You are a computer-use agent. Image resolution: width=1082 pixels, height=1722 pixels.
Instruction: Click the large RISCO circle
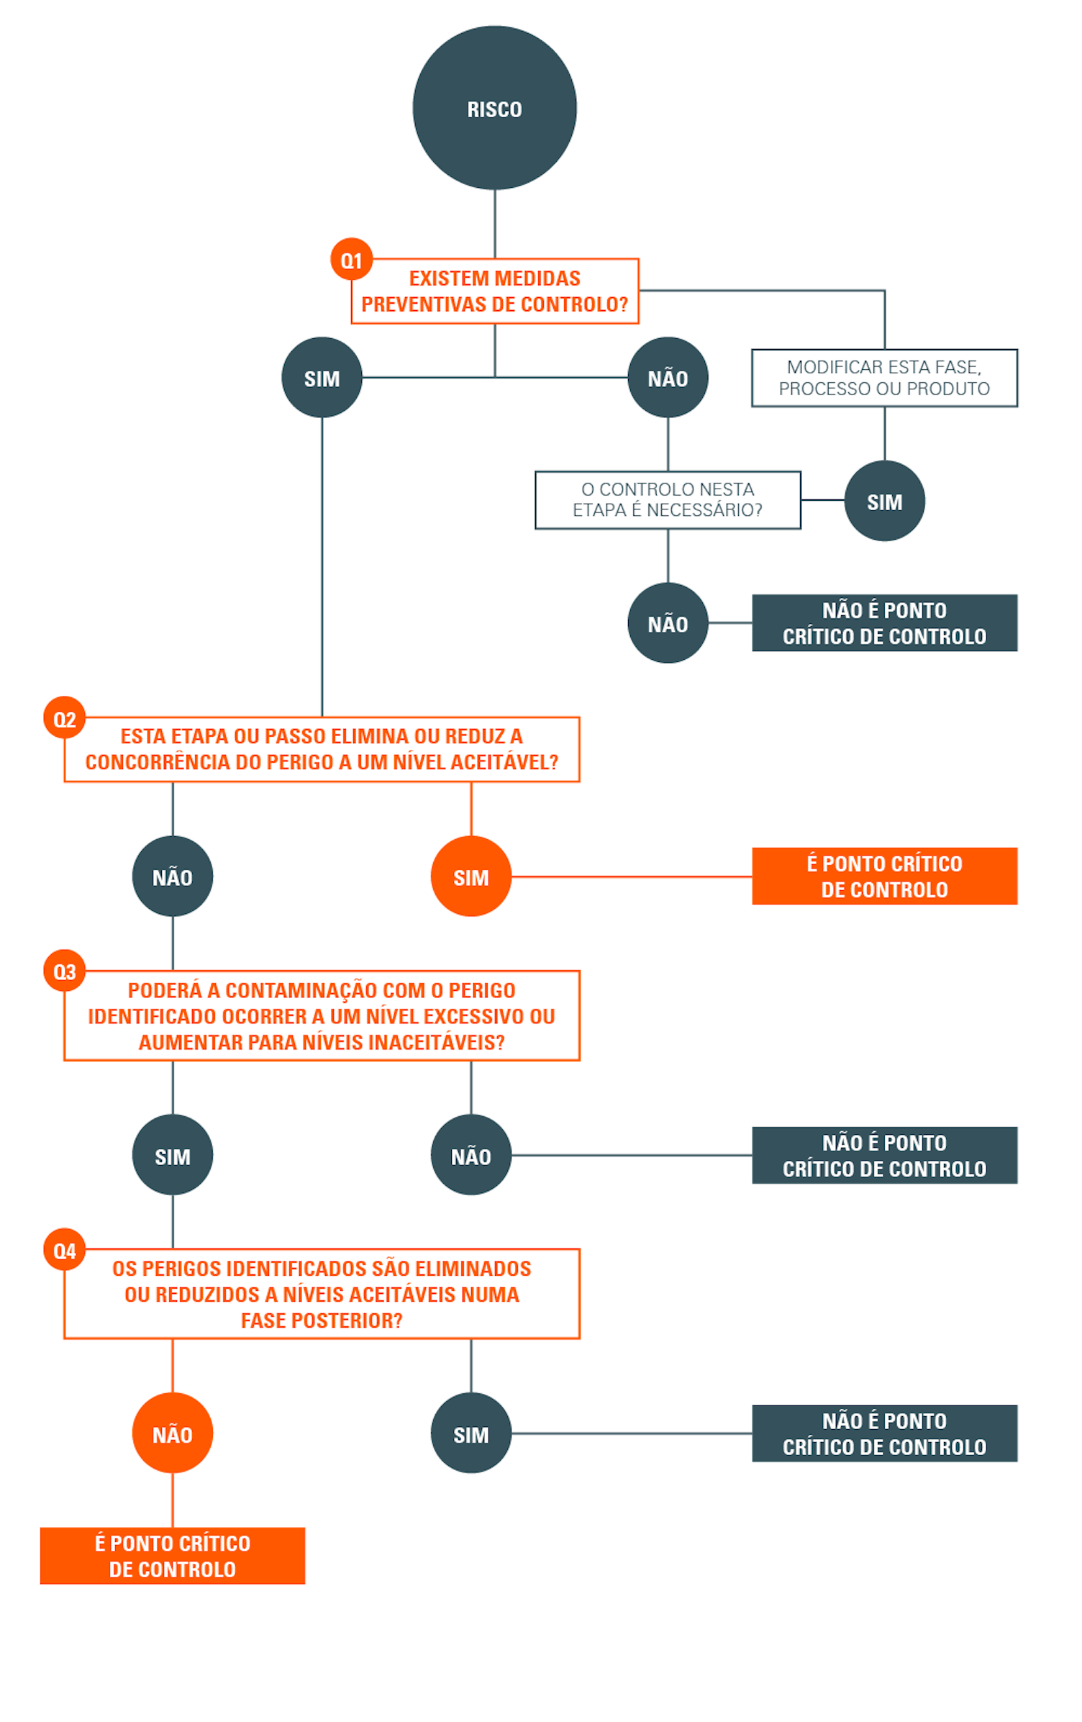pyautogui.click(x=494, y=108)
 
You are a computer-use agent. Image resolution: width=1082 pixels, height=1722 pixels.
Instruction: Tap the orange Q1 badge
pyautogui.click(x=351, y=260)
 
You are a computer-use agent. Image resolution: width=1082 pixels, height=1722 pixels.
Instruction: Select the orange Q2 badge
pyautogui.click(x=65, y=718)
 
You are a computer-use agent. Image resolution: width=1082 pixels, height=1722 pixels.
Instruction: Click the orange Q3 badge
pyautogui.click(x=65, y=971)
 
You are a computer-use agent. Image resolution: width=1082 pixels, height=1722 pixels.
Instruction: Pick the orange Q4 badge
pyautogui.click(x=65, y=1250)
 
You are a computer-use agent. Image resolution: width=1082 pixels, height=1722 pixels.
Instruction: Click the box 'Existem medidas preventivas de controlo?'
pyautogui.click(x=494, y=291)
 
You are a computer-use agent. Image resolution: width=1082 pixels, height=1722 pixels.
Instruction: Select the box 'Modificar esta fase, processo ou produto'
pyautogui.click(x=883, y=378)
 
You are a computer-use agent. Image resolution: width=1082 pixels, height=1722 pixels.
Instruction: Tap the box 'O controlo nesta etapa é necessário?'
pyautogui.click(x=667, y=500)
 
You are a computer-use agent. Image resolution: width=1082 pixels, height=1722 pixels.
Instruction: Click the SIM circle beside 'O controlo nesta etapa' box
pyautogui.click(x=883, y=501)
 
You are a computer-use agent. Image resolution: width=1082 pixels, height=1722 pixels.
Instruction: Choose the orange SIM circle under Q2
pyautogui.click(x=470, y=876)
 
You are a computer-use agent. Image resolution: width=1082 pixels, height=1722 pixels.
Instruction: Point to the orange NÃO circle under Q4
pyautogui.click(x=173, y=1433)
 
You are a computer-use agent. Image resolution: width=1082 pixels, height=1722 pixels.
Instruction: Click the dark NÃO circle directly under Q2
pyautogui.click(x=173, y=876)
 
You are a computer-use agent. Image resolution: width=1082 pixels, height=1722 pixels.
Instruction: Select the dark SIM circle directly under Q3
pyautogui.click(x=173, y=1155)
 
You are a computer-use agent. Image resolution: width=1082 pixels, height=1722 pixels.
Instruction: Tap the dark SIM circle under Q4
pyautogui.click(x=470, y=1433)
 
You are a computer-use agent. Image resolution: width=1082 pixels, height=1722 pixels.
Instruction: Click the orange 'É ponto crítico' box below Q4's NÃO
pyautogui.click(x=173, y=1556)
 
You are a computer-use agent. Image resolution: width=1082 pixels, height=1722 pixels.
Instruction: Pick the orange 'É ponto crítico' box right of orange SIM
pyautogui.click(x=883, y=876)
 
